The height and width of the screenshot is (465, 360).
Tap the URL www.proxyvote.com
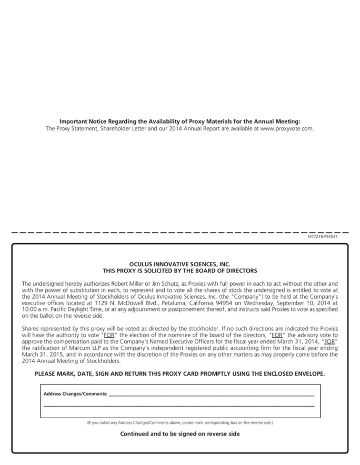coord(287,128)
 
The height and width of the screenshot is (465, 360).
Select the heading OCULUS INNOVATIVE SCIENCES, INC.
coord(179,264)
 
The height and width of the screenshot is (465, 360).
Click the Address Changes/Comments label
coord(75,393)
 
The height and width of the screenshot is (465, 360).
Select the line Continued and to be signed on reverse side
coord(179,434)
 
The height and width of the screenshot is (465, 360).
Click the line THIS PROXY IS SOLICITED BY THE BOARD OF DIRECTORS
coord(179,271)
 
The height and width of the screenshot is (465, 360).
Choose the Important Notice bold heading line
coord(179,121)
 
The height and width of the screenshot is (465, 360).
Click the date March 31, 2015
coord(41,354)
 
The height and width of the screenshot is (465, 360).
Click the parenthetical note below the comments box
coord(179,422)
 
